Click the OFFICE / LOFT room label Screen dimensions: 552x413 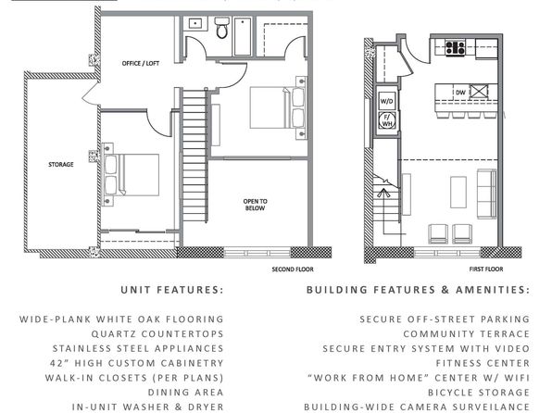(x=141, y=63)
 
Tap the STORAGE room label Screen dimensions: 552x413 (x=61, y=165)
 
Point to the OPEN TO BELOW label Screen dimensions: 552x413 (x=256, y=205)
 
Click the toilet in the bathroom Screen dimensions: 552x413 (x=221, y=28)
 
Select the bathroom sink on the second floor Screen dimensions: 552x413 (x=194, y=23)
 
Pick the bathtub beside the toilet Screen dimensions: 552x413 (x=243, y=37)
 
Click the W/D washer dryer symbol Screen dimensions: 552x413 (x=386, y=101)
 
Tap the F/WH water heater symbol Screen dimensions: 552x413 (x=387, y=120)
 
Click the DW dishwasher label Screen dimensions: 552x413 (x=460, y=93)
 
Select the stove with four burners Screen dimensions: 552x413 (x=455, y=48)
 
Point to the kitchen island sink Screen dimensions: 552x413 (x=479, y=91)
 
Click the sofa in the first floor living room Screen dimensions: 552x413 (x=486, y=194)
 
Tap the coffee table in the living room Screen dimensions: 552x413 (x=458, y=193)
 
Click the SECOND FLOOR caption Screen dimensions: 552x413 (x=293, y=269)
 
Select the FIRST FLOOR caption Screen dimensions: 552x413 (x=486, y=269)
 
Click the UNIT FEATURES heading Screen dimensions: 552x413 (x=172, y=290)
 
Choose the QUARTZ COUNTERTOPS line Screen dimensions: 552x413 (x=157, y=333)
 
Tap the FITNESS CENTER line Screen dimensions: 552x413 (x=483, y=363)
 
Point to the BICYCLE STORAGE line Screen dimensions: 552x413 (x=479, y=393)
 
